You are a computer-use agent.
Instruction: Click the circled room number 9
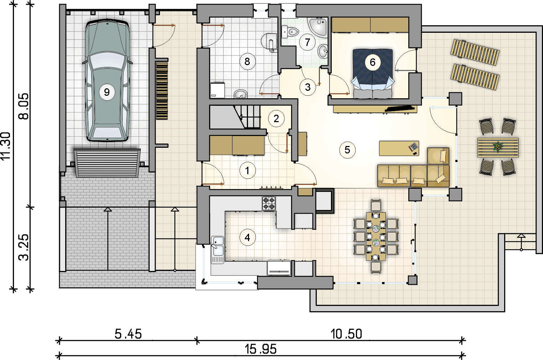point(107,92)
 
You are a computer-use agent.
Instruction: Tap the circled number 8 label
point(247,62)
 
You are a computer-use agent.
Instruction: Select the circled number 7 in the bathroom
point(307,42)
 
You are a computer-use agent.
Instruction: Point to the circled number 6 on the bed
point(373,62)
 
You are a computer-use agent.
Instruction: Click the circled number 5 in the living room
point(347,150)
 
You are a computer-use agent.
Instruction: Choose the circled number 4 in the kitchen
point(247,238)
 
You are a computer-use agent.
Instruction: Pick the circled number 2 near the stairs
point(276,119)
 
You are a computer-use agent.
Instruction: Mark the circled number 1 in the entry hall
point(247,171)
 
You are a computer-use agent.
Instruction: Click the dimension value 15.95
point(260,349)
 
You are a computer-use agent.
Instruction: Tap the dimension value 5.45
point(128,334)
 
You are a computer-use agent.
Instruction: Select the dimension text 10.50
point(346,334)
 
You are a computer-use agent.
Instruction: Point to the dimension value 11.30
point(6,146)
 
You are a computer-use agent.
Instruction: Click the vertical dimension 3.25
point(24,247)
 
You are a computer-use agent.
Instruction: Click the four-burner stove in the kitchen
point(269,203)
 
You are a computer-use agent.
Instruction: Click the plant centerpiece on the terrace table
point(498,146)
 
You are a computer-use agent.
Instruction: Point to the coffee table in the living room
point(399,148)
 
